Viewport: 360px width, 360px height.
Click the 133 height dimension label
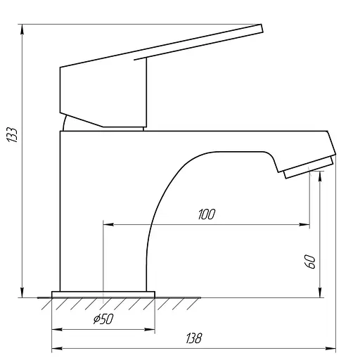point(12,135)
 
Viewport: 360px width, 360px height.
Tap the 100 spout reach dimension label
point(207,214)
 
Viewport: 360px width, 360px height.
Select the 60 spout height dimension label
point(310,262)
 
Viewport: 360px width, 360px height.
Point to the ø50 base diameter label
point(103,319)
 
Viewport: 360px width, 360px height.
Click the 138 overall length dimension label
point(194,338)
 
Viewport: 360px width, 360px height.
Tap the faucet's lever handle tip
point(262,28)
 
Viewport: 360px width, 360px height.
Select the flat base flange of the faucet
point(103,295)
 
